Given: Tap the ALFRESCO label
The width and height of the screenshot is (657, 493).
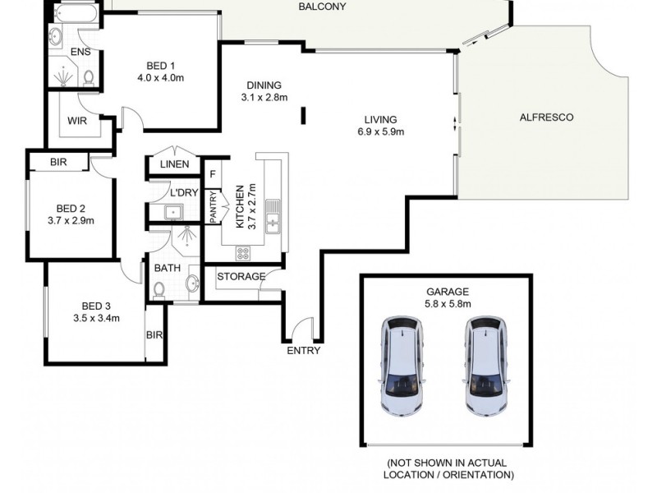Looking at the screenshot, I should [x=546, y=117].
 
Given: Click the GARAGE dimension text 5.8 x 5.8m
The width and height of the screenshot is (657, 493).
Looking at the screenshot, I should [x=447, y=304].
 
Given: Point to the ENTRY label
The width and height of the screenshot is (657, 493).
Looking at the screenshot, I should [x=303, y=351].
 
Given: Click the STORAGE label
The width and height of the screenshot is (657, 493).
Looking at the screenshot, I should [x=241, y=276].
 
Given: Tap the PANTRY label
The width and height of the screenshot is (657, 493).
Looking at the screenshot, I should [x=214, y=206].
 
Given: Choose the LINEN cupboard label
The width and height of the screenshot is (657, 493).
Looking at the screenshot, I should [x=175, y=164].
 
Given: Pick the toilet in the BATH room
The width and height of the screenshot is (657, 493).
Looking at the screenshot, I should [x=159, y=289].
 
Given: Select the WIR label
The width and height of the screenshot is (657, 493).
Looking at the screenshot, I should [x=77, y=121].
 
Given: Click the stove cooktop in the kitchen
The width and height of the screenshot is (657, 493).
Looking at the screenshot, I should [x=243, y=253].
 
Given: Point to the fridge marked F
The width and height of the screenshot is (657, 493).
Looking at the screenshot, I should [x=213, y=174].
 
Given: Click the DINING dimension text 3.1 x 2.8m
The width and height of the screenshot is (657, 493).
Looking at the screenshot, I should [x=262, y=98].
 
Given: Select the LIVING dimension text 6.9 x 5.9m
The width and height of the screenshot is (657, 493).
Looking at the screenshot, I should [x=381, y=131].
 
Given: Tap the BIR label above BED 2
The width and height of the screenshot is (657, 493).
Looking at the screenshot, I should [x=57, y=163].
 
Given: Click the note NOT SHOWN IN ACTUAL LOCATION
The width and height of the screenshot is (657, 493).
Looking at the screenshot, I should [x=448, y=469].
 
